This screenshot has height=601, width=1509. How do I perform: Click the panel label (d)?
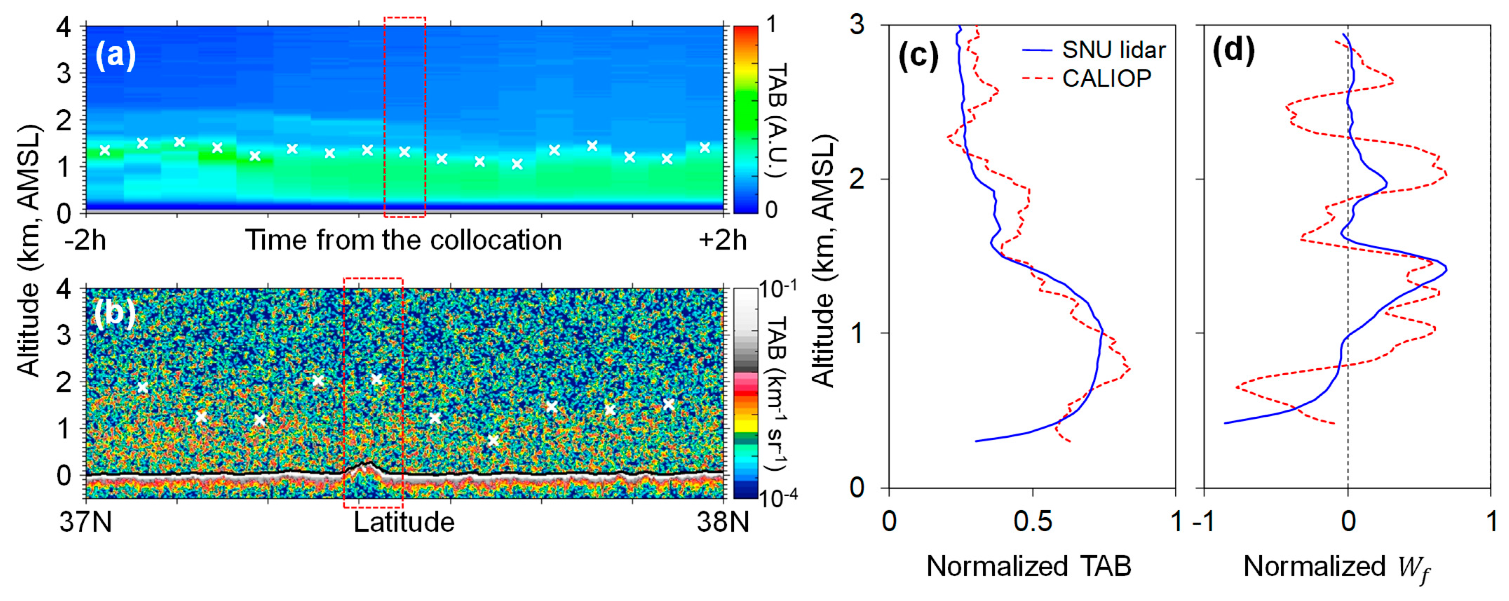1233,50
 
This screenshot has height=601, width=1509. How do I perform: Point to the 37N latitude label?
86,521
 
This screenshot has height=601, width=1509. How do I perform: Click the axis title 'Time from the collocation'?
403,240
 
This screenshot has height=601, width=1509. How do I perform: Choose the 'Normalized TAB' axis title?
1029,566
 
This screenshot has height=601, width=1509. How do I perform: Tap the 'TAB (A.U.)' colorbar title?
777,120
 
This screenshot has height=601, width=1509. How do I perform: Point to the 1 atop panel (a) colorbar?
771,25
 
